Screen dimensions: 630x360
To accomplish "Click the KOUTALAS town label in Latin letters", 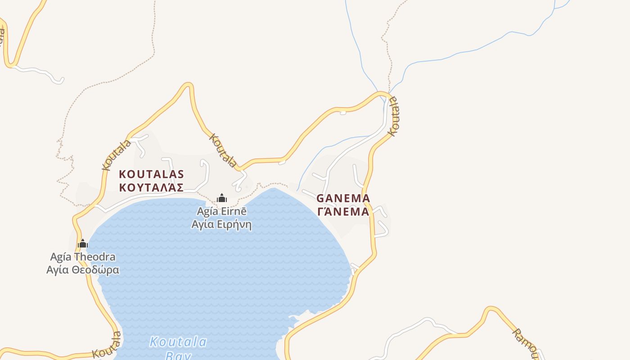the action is (x=151, y=174).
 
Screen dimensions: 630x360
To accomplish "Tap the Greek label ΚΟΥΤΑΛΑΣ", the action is (x=151, y=187).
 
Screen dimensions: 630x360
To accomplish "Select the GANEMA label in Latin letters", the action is (x=343, y=198).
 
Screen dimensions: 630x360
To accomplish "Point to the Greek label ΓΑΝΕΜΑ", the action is (x=343, y=211).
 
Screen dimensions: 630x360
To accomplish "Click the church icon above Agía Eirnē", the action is (x=221, y=198).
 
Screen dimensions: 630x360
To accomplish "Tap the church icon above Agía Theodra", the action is (x=82, y=244).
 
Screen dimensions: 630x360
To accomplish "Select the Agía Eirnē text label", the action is (x=221, y=211).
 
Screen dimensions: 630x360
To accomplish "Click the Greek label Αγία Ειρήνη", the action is (x=221, y=224).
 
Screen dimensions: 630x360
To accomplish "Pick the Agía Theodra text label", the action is (x=83, y=257).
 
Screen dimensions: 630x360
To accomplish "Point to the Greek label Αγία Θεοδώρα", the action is (x=83, y=270).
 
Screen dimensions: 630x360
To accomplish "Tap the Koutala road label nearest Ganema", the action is (x=393, y=116).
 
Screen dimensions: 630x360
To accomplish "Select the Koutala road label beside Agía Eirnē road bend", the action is (x=223, y=150).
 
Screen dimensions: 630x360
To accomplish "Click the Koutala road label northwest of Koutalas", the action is (x=116, y=155).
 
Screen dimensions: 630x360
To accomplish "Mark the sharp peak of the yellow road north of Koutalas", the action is (x=188, y=85).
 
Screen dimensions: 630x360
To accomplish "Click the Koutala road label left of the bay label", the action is (x=107, y=346).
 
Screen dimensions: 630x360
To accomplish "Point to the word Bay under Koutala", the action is (x=178, y=355).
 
